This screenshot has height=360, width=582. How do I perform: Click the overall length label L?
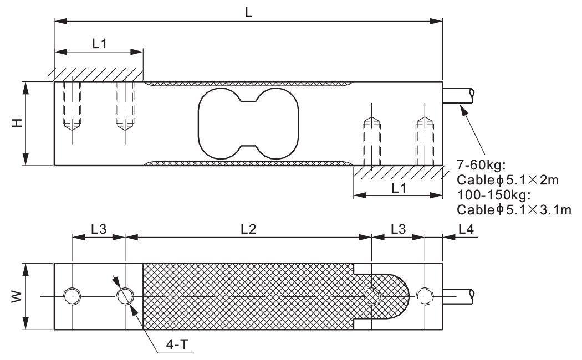(248, 12)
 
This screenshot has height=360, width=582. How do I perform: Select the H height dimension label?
(17, 123)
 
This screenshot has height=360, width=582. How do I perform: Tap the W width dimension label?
(17, 297)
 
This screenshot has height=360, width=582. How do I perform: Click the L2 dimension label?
(248, 229)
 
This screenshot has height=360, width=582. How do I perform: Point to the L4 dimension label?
(466, 229)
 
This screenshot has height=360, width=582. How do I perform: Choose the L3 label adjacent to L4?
(398, 229)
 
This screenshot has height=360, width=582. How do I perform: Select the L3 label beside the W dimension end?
(99, 229)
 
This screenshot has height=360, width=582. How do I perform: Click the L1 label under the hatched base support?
(399, 188)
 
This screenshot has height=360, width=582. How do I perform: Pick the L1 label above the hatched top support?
(99, 44)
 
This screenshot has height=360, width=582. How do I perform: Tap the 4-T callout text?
(177, 345)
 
